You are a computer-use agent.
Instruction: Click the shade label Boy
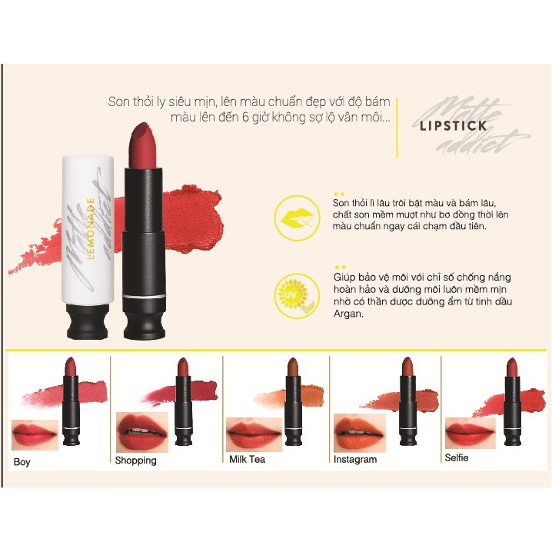pos(22,462)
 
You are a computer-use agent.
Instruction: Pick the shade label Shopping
pos(135,461)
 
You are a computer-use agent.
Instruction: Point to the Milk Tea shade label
pos(247,459)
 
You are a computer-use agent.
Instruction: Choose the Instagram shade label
pos(355,459)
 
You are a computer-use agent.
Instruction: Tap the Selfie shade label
pos(456,457)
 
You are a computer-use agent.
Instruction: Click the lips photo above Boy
pos(35,434)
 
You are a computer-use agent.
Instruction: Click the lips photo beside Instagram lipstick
pos(359,431)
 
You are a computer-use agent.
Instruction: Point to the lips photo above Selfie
pos(470,432)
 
